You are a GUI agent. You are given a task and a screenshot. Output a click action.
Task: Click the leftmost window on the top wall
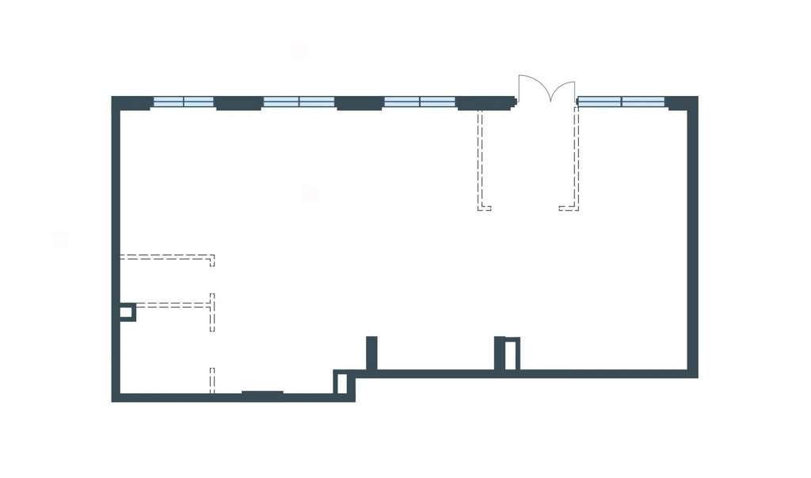(x=183, y=101)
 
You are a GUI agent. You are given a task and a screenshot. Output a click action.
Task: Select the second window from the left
(x=299, y=101)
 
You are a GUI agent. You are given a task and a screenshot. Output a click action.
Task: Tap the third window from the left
(x=420, y=101)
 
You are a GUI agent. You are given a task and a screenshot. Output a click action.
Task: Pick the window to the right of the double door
(x=621, y=101)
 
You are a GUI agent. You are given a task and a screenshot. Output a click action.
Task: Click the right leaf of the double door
(x=564, y=90)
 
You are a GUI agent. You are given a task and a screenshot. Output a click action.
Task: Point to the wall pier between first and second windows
(x=238, y=103)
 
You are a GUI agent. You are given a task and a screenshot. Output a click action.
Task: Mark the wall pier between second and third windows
(x=360, y=103)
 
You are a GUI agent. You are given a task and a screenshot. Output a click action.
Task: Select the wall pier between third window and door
(x=485, y=103)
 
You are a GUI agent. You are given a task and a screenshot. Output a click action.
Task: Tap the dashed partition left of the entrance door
(x=480, y=159)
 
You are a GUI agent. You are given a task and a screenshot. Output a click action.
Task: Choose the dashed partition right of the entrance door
(x=577, y=159)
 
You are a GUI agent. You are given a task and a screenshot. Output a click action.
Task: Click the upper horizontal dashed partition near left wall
(x=166, y=257)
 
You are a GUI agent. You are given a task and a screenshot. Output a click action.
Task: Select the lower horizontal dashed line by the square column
(x=173, y=304)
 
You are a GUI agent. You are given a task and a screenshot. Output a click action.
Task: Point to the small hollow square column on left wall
(x=126, y=312)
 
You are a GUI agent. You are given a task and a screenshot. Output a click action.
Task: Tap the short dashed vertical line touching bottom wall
(x=211, y=380)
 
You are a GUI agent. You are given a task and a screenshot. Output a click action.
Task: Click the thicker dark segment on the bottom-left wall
(x=262, y=393)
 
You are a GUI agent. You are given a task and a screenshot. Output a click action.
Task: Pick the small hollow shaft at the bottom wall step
(x=342, y=383)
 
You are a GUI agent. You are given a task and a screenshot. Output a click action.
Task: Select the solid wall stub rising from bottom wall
(x=371, y=353)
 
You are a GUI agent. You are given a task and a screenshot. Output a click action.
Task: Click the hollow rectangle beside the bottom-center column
(x=512, y=354)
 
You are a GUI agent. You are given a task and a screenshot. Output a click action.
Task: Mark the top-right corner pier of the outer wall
(x=681, y=103)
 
